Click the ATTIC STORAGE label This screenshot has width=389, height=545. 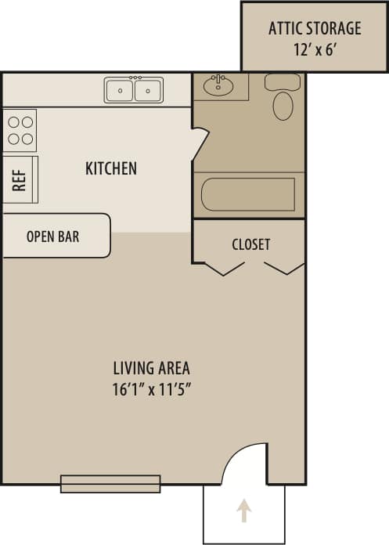315,29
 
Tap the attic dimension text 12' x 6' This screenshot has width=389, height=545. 315,49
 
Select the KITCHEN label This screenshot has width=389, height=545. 111,168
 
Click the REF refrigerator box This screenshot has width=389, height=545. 20,179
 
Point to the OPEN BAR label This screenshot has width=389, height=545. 53,236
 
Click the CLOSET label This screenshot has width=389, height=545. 250,244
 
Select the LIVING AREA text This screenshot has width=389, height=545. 151,367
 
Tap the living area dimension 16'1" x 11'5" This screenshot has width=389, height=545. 151,388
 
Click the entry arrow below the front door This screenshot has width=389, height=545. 244,511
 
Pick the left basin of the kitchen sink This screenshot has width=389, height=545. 120,91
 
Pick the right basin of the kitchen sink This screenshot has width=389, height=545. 147,91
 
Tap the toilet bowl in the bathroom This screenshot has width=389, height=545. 283,106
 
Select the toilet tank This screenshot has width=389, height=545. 282,82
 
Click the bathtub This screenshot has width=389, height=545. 247,194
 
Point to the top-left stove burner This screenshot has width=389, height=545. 13,121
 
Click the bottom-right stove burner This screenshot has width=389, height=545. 27,139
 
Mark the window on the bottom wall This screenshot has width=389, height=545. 110,484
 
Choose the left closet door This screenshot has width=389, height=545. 224,268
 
